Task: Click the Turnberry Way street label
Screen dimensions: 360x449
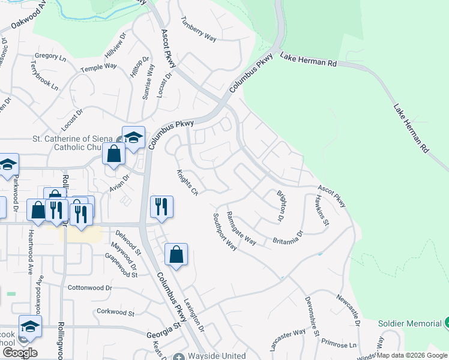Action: click(198, 28)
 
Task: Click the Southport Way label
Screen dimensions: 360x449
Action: click(225, 233)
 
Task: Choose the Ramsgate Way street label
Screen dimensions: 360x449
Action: click(241, 229)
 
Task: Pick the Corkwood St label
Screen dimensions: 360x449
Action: click(116, 312)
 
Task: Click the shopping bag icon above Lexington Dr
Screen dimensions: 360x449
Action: click(176, 254)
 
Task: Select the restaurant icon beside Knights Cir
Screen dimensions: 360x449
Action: click(161, 207)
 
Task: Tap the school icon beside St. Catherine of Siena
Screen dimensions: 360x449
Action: click(133, 137)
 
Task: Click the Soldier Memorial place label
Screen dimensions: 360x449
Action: click(410, 323)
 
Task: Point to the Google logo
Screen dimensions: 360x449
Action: click(20, 352)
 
